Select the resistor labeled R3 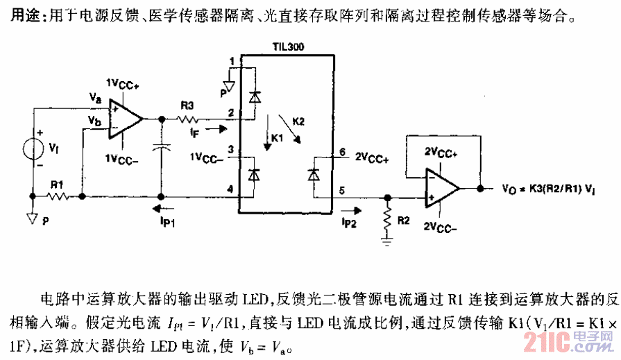(x=188, y=119)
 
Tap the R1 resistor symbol (x=58, y=197)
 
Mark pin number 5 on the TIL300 (x=341, y=189)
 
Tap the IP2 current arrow (x=351, y=207)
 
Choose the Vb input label (x=94, y=120)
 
